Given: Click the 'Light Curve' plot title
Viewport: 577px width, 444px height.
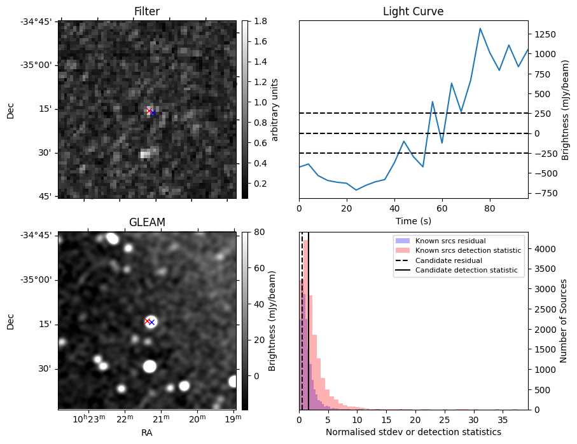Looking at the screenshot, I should click(413, 11).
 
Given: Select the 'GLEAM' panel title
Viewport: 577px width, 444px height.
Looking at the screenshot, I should click(147, 222).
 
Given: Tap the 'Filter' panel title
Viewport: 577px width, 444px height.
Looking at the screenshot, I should click(147, 11).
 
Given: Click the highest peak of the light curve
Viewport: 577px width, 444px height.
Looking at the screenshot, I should click(480, 29).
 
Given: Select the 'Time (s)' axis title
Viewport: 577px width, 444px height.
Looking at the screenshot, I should click(413, 220).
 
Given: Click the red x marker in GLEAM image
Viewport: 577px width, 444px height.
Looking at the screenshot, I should click(148, 321).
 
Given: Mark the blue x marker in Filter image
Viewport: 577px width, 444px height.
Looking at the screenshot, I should click(153, 113).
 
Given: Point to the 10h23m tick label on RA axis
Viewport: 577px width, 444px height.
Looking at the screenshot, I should click(88, 419).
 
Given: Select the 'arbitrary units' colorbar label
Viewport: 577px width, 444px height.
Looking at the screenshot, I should click(275, 110).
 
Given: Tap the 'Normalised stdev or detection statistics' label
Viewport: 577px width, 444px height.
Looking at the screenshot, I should click(413, 432).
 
